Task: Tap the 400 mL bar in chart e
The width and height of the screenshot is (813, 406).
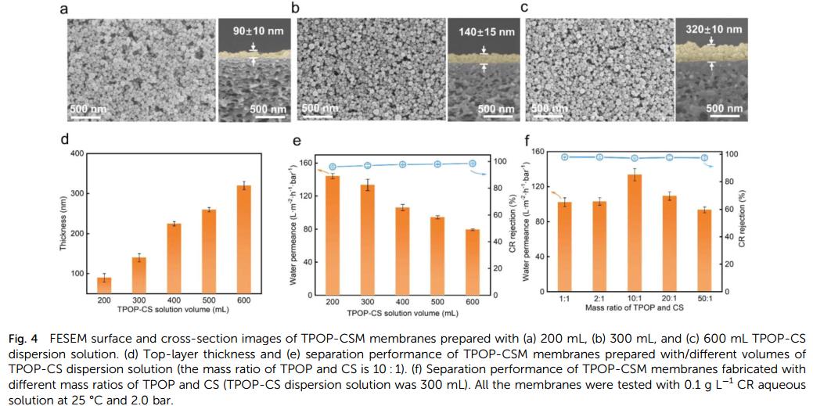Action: click(x=402, y=250)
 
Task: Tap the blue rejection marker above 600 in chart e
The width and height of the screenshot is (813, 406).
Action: click(x=472, y=163)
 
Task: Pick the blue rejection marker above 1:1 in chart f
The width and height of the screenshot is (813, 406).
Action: click(x=564, y=157)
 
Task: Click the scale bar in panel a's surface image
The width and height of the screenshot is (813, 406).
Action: click(x=87, y=117)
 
